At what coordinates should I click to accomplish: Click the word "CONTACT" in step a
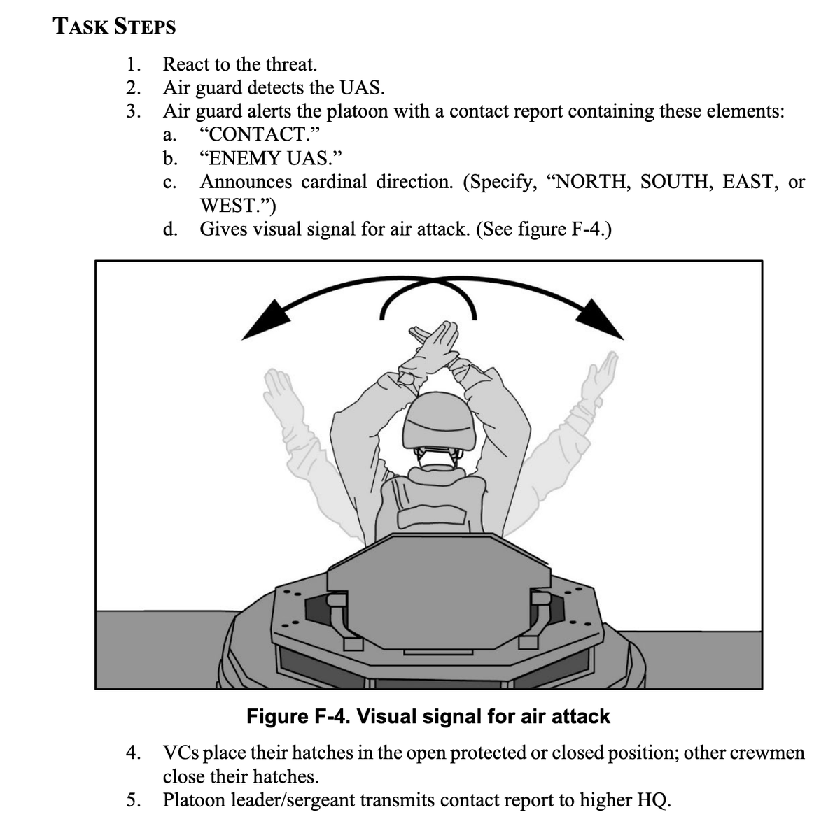point(259,134)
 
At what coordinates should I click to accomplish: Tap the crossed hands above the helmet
point(432,348)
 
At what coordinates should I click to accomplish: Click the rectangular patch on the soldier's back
point(430,516)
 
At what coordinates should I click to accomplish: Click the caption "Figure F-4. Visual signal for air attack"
point(428,716)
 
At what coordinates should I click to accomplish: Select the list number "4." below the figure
point(134,753)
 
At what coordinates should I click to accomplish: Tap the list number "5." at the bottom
point(134,800)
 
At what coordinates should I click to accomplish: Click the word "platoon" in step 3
point(358,111)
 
